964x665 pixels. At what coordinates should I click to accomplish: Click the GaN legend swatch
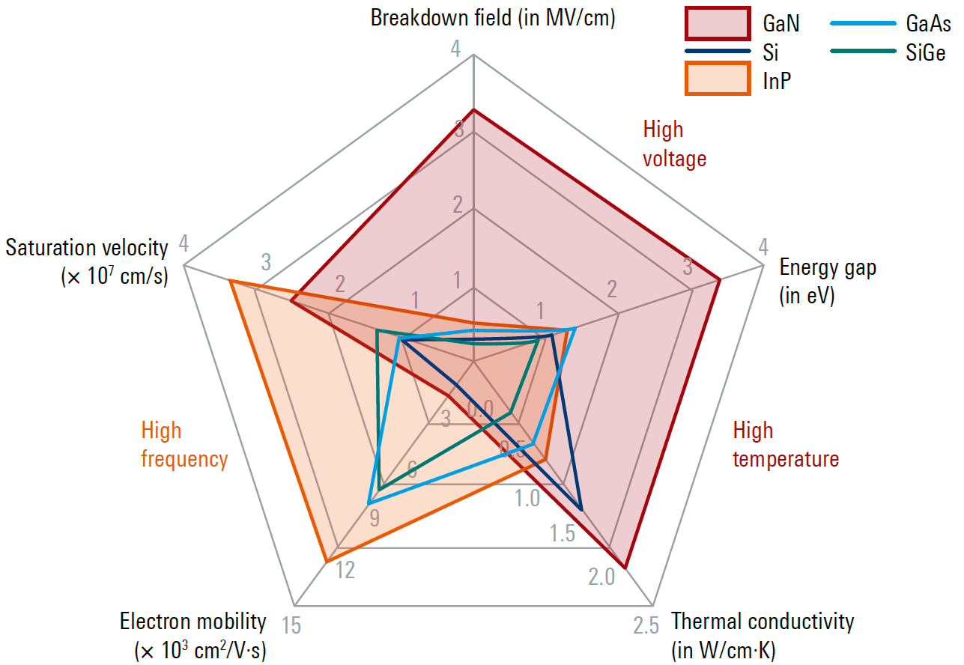click(x=717, y=23)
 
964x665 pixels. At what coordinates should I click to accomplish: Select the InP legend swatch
click(x=717, y=79)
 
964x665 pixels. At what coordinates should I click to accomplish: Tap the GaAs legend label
click(x=928, y=24)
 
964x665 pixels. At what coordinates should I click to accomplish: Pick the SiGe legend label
click(x=925, y=52)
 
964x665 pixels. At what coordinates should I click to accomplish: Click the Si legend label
click(x=771, y=52)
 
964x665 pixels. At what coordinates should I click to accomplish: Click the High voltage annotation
click(x=674, y=144)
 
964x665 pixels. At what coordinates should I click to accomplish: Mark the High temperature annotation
click(x=785, y=445)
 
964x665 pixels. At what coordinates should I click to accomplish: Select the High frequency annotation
click(x=184, y=445)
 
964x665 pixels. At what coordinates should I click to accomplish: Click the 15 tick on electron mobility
click(x=291, y=625)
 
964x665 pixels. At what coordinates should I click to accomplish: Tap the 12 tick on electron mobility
click(x=345, y=571)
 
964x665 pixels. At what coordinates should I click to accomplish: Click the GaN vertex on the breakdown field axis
click(x=473, y=110)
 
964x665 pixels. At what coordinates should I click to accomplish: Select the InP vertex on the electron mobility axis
click(x=326, y=561)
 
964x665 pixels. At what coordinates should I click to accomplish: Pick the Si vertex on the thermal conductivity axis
click(x=581, y=509)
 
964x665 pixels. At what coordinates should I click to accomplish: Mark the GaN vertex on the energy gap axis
click(x=720, y=279)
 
